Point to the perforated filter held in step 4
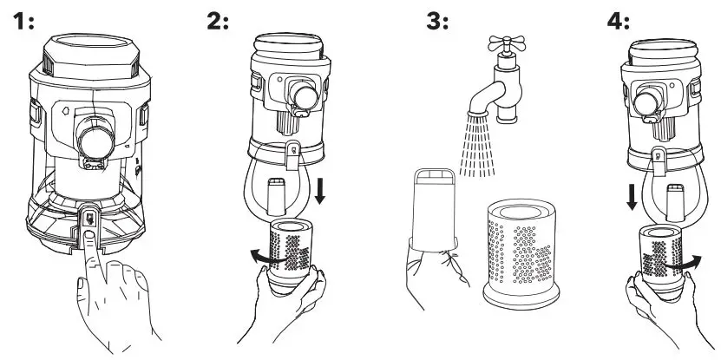coord(664,255)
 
